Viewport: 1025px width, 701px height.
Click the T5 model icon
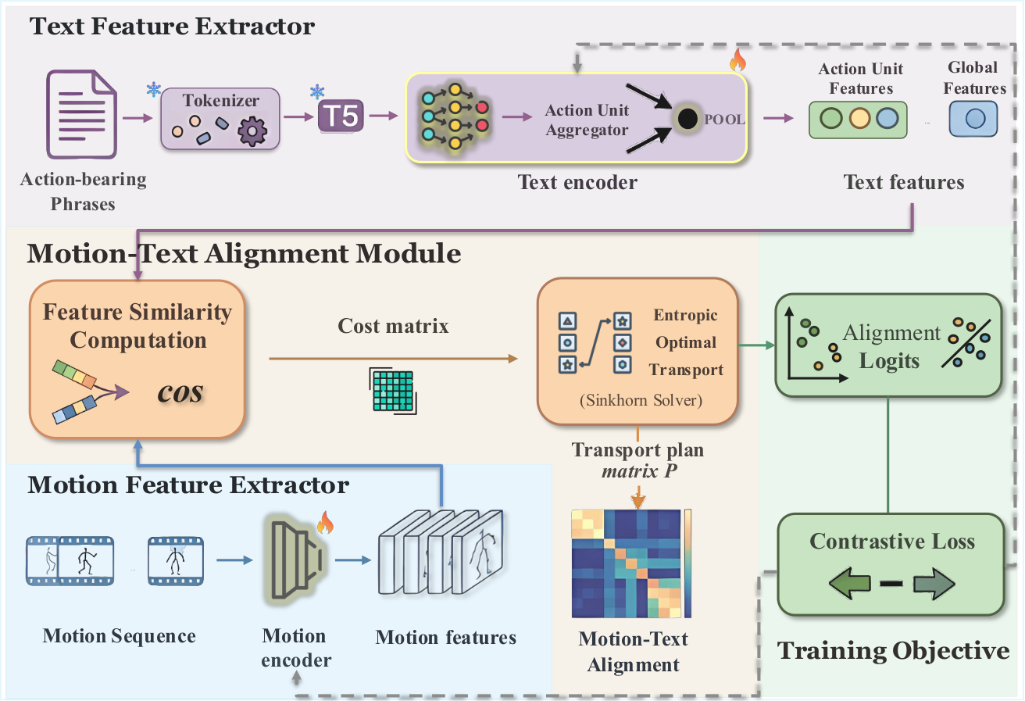click(341, 116)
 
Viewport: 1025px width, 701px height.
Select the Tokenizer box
click(220, 119)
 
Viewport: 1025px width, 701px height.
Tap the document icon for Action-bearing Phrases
click(81, 114)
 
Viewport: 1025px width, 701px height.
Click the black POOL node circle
click(687, 119)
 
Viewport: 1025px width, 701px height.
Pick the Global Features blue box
click(973, 119)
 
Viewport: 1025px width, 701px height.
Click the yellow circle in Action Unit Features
click(859, 118)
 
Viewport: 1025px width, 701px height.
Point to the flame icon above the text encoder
click(737, 59)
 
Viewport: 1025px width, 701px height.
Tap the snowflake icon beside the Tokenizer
click(154, 89)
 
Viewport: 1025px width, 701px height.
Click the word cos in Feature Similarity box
click(180, 392)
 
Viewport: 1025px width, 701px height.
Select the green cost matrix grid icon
click(393, 391)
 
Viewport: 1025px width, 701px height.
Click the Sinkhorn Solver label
click(641, 400)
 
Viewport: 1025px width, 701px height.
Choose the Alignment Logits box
click(888, 345)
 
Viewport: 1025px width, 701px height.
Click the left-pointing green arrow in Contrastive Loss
click(849, 583)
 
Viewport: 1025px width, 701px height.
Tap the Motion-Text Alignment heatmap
click(626, 563)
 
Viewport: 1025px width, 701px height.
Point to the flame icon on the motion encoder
click(325, 523)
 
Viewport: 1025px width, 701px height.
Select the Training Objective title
click(893, 651)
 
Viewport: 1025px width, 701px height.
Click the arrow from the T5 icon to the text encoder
click(384, 116)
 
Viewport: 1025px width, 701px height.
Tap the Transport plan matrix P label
click(637, 460)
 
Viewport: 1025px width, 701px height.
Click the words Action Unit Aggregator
click(587, 120)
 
